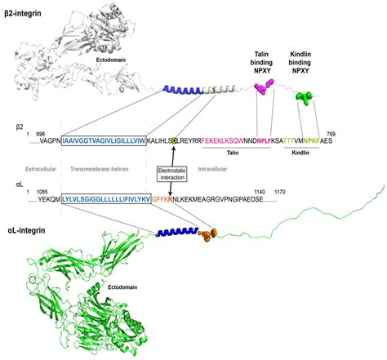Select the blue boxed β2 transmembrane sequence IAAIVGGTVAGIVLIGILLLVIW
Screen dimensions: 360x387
click(103, 140)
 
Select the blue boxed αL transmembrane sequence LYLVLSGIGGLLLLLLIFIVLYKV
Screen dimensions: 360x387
click(106, 198)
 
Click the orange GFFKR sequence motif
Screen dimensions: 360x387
click(164, 198)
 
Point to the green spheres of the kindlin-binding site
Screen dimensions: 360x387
click(305, 97)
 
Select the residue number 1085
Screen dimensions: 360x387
click(41, 189)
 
